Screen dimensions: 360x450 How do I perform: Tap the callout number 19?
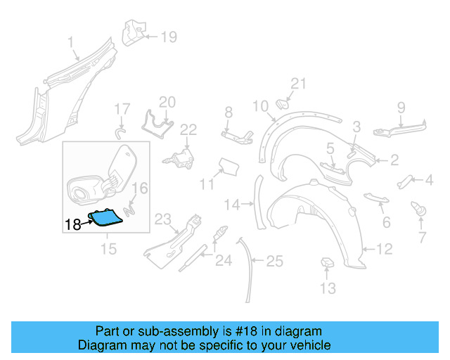pyautogui.click(x=169, y=37)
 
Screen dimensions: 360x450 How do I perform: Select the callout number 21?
pyautogui.click(x=299, y=84)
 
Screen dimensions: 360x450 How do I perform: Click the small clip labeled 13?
pyautogui.click(x=327, y=262)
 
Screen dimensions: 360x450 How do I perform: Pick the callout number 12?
pyautogui.click(x=384, y=248)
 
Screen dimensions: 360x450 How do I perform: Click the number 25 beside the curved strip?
pyautogui.click(x=274, y=262)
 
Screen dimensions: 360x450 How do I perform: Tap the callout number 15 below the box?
pyautogui.click(x=108, y=249)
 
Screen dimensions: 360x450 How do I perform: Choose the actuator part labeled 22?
pyautogui.click(x=184, y=159)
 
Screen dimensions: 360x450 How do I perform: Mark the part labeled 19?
pyautogui.click(x=134, y=32)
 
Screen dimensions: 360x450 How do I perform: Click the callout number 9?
pyautogui.click(x=401, y=107)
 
